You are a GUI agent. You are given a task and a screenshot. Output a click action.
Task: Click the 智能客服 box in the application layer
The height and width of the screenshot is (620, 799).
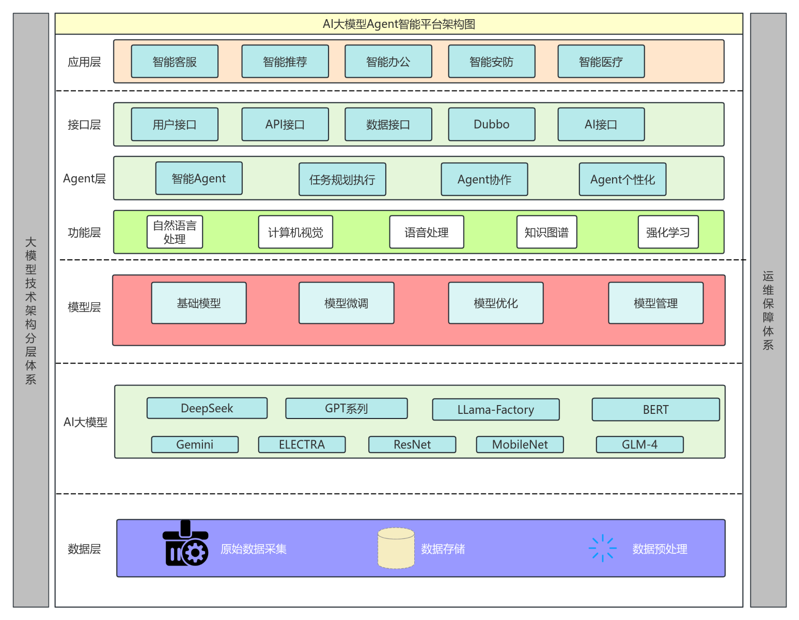(x=175, y=61)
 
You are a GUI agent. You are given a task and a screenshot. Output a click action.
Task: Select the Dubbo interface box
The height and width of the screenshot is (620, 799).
(x=491, y=125)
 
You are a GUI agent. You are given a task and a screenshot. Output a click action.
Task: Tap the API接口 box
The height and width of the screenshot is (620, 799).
(x=285, y=125)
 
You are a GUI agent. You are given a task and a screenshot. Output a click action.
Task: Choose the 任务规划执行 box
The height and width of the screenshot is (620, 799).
(x=342, y=180)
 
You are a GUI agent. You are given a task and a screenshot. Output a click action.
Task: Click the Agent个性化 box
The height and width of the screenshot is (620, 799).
(x=622, y=180)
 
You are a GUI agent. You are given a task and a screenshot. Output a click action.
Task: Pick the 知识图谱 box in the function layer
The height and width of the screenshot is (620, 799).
(x=546, y=233)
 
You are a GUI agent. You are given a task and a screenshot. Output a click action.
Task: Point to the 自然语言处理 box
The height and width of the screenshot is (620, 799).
(x=175, y=233)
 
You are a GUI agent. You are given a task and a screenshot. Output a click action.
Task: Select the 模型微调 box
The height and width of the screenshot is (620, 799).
(x=346, y=303)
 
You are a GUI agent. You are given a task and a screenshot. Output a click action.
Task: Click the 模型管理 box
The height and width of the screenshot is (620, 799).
(x=655, y=303)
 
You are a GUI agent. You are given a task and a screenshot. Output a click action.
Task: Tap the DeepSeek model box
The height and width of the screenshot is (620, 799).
(x=207, y=408)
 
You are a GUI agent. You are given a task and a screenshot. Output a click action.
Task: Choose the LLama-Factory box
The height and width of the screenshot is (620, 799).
(x=496, y=410)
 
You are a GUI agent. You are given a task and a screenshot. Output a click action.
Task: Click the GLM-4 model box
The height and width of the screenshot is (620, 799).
(x=639, y=445)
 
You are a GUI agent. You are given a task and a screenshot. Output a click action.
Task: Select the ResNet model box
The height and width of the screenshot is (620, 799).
(x=412, y=445)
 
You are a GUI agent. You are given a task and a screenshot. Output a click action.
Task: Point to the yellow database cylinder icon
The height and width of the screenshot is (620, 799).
(x=396, y=548)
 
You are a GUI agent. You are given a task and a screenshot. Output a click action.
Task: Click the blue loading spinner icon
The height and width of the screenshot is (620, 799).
(x=603, y=548)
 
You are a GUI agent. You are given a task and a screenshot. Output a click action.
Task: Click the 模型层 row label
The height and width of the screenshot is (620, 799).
(x=84, y=307)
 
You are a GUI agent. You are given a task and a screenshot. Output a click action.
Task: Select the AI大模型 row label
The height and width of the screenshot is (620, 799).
(x=85, y=422)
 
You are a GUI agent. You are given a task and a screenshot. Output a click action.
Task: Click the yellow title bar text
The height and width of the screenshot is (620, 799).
(x=399, y=24)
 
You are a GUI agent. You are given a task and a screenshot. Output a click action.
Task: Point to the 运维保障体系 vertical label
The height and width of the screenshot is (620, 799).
(x=768, y=310)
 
